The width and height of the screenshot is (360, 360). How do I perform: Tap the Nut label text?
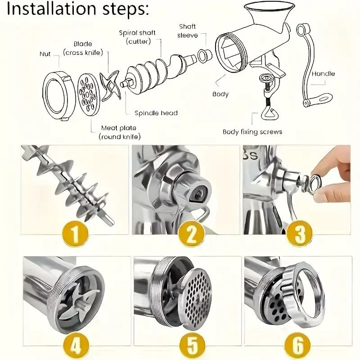tap(45, 54)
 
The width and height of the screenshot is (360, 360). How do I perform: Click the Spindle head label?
tap(156, 113)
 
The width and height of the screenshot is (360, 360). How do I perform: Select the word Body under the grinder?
tap(220, 94)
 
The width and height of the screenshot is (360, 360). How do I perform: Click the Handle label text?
tap(323, 73)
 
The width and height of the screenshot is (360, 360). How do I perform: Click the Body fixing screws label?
tap(252, 132)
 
